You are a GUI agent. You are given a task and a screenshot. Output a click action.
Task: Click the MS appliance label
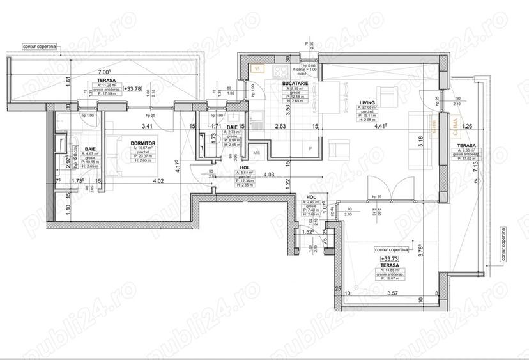[256, 153]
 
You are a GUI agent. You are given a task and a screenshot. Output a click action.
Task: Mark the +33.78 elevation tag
[134, 89]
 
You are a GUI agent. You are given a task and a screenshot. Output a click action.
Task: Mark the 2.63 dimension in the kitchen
[279, 126]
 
